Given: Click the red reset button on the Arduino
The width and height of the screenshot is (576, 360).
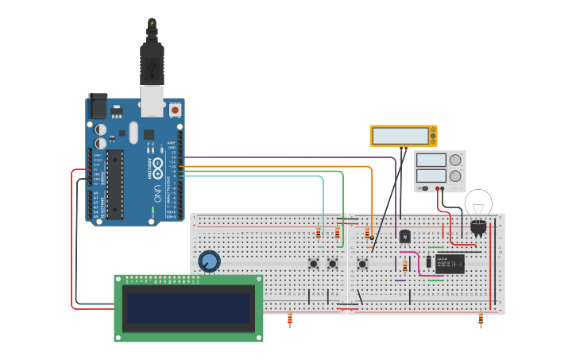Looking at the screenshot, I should tap(175, 110).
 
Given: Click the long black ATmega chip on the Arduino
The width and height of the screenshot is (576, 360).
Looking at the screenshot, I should tap(115, 184).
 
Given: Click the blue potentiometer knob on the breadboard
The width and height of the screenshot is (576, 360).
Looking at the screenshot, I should tap(209, 261).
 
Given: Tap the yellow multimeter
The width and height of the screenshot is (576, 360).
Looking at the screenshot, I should tap(403, 136).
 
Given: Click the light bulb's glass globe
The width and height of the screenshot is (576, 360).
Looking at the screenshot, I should tap(478, 203).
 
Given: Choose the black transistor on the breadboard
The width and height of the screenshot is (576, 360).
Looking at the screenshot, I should tap(405, 236).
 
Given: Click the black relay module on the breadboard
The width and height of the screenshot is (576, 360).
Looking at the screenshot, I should tap(450, 263).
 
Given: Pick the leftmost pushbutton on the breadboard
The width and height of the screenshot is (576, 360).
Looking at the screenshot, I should tap(314, 263).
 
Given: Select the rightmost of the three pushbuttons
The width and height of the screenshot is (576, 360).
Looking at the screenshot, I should tap(362, 263).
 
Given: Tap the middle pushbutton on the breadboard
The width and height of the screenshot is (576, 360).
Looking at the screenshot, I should tap(333, 263).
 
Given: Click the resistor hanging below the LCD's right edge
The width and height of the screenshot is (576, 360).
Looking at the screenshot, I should tap(289, 320).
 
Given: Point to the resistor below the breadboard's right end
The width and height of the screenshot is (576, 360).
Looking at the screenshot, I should tap(481, 320).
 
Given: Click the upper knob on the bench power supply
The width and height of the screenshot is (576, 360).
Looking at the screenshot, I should tap(455, 160).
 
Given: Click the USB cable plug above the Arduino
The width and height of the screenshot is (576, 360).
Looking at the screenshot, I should tap(152, 60).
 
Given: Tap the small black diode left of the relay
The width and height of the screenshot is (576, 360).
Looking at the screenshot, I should tap(428, 261).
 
